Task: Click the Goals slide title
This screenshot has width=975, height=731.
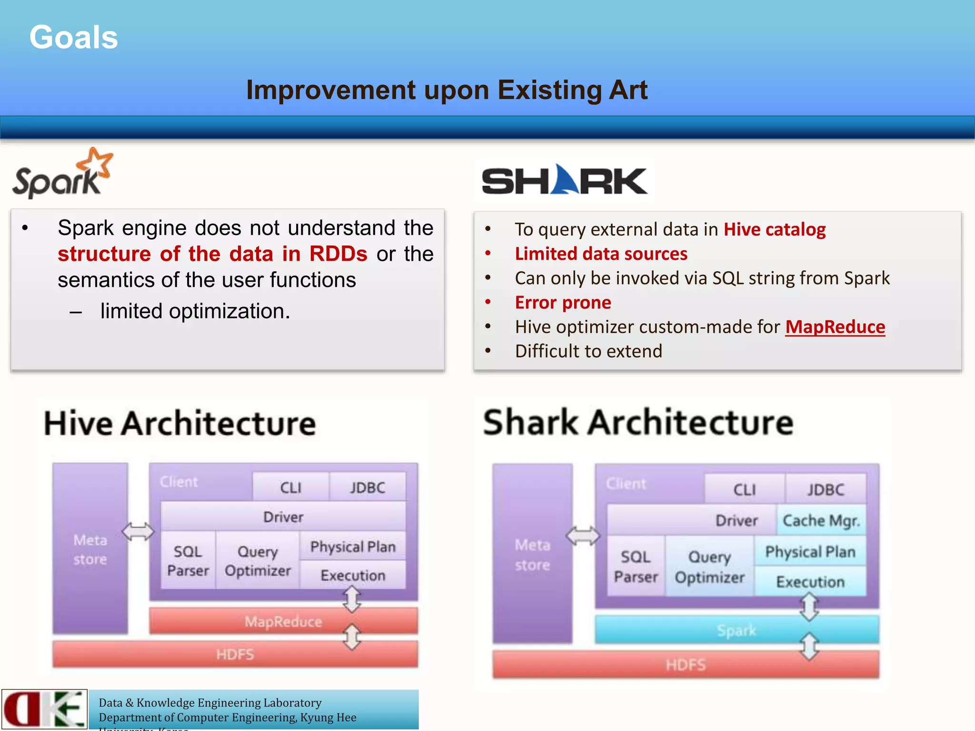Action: (x=73, y=37)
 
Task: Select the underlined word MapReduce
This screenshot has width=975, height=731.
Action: (x=835, y=327)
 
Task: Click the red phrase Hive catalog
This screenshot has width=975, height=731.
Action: (x=774, y=229)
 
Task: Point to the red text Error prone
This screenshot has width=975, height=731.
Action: (x=563, y=303)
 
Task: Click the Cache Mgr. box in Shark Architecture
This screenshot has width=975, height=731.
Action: (x=821, y=521)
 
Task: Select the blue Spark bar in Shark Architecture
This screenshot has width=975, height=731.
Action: (x=736, y=630)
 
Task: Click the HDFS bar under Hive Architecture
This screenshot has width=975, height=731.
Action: (x=235, y=654)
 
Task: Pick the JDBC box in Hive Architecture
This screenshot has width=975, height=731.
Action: (x=367, y=488)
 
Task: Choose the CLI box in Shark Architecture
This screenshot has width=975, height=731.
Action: (x=744, y=490)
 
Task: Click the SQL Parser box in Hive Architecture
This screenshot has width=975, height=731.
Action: (x=188, y=561)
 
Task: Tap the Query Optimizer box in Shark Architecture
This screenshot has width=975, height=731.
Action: (x=709, y=567)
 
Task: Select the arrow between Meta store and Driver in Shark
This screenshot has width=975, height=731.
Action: (x=583, y=536)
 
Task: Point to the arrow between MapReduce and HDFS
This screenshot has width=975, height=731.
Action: (x=352, y=637)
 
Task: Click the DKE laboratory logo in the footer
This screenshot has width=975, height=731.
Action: (x=44, y=709)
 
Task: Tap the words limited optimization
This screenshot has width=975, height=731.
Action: (x=195, y=311)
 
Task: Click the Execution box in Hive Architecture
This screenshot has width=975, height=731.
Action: (x=353, y=575)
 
